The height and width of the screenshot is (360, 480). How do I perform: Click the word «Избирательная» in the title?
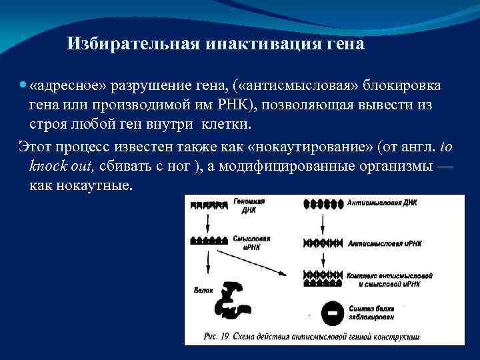point(127,45)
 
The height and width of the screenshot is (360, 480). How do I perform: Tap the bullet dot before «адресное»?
point(23,86)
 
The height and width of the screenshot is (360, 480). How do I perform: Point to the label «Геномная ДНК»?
point(249,203)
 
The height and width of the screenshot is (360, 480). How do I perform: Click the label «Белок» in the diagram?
point(203,291)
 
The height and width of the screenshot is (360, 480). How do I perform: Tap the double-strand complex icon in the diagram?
point(323,275)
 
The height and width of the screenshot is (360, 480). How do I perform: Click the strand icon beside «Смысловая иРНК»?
point(209,239)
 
